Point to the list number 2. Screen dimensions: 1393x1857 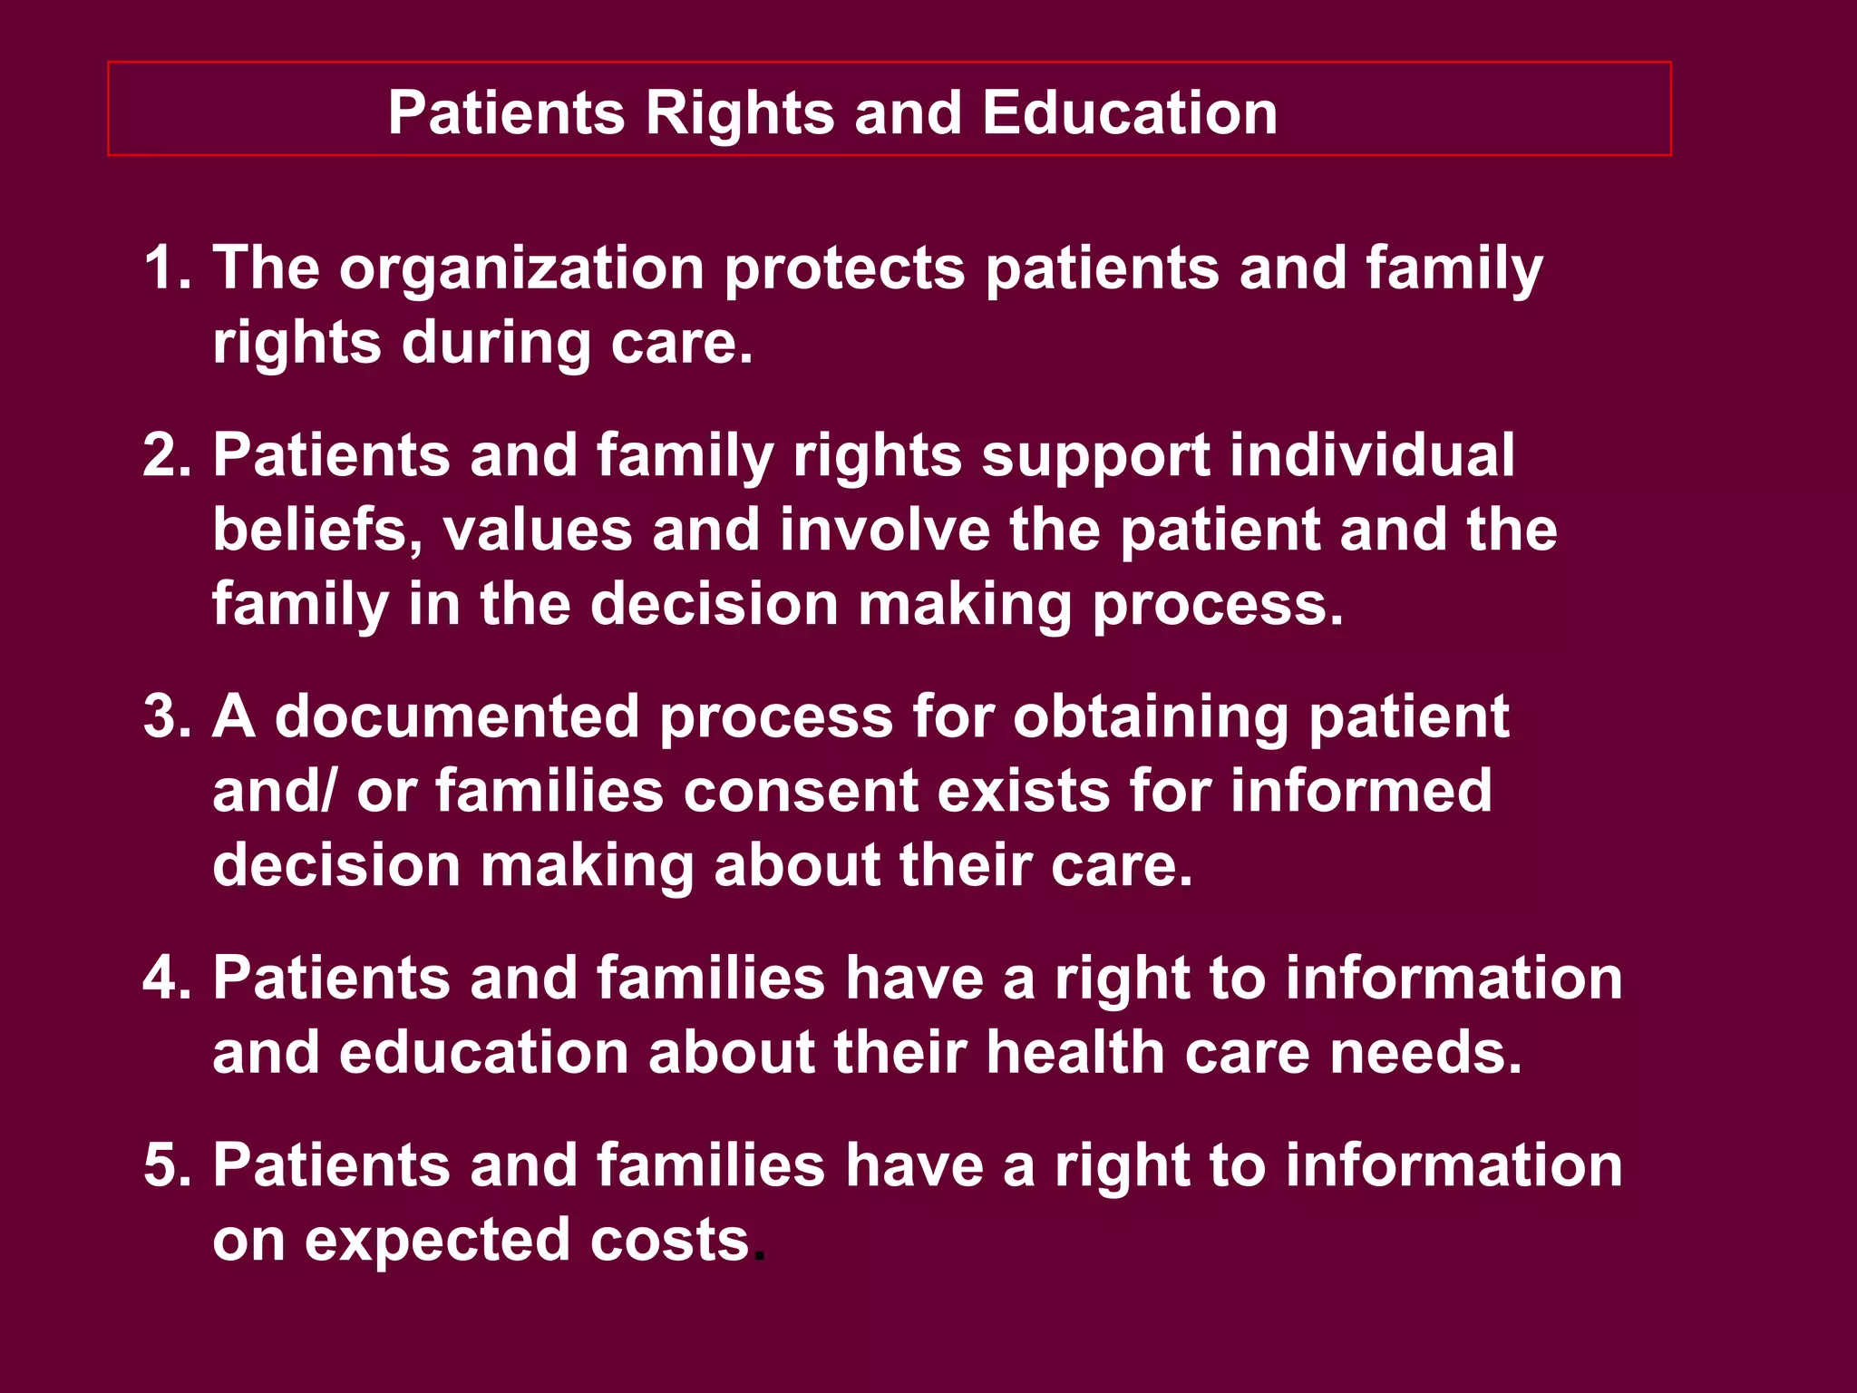coord(165,455)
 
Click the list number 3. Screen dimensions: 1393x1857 coord(165,716)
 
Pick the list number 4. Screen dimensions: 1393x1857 coord(165,979)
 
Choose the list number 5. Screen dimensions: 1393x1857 coord(165,1165)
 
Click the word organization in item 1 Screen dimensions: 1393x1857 coord(521,268)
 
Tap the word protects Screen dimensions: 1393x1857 coord(844,270)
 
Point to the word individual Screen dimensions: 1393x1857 coord(1372,455)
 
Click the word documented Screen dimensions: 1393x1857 coord(457,716)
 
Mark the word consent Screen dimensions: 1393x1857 coord(801,791)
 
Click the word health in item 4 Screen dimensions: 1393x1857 coord(1075,1053)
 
